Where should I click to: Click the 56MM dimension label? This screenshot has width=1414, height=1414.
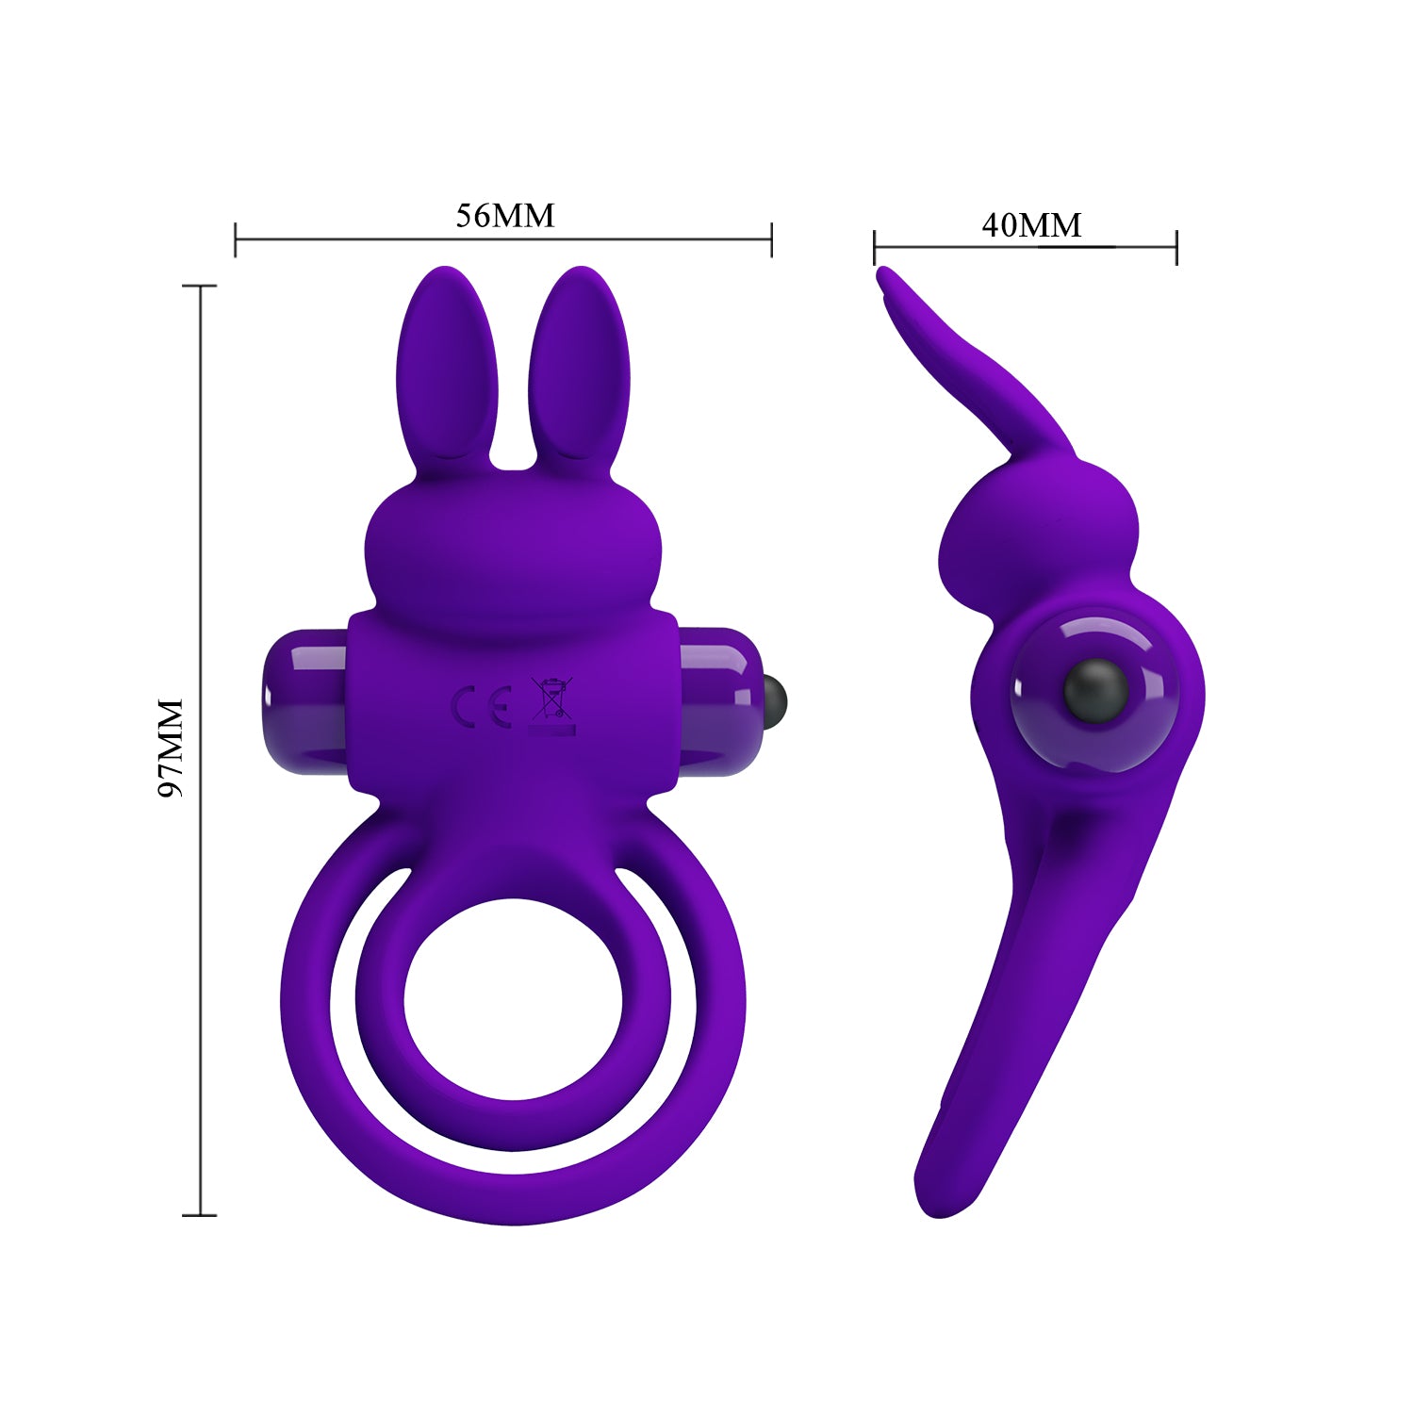pyautogui.click(x=505, y=216)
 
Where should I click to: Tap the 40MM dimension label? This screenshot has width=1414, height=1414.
pyautogui.click(x=1031, y=225)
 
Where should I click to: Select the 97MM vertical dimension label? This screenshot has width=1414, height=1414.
pyautogui.click(x=171, y=748)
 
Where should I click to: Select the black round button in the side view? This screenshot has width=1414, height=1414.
pyautogui.click(x=1095, y=689)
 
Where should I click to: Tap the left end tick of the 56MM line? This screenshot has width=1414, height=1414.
pyautogui.click(x=236, y=239)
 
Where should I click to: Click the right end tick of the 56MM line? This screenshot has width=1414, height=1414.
pyautogui.click(x=772, y=239)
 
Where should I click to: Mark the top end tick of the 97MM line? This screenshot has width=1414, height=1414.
pyautogui.click(x=200, y=286)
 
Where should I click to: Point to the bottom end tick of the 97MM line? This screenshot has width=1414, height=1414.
pyautogui.click(x=200, y=1215)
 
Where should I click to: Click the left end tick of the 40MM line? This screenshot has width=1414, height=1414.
pyautogui.click(x=875, y=248)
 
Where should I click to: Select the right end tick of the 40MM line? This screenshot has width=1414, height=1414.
pyautogui.click(x=1176, y=248)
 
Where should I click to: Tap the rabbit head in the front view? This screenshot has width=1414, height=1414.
pyautogui.click(x=514, y=556)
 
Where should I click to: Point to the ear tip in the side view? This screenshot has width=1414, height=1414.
pyautogui.click(x=884, y=276)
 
